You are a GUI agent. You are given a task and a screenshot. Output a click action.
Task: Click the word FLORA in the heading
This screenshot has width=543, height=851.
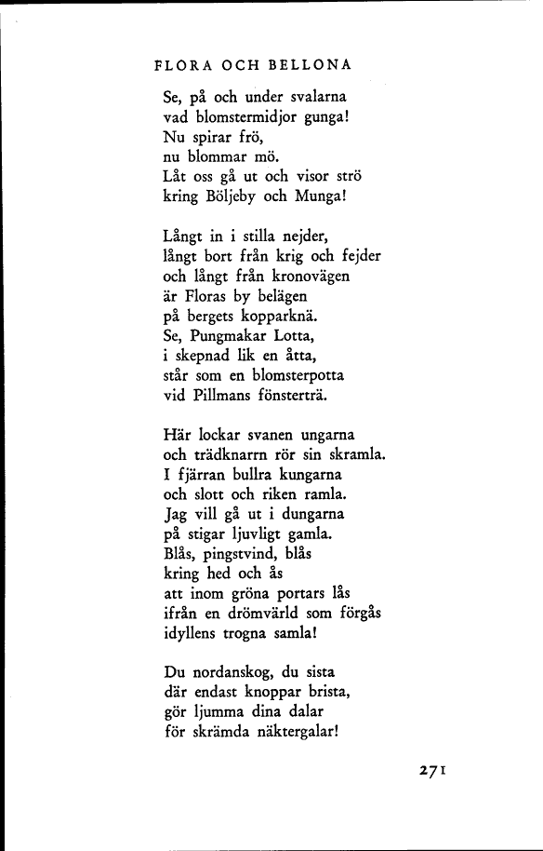click(x=178, y=65)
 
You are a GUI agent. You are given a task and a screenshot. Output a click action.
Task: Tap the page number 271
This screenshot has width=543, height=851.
click(x=434, y=770)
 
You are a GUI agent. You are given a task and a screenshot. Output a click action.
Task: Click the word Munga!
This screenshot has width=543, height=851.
click(x=321, y=197)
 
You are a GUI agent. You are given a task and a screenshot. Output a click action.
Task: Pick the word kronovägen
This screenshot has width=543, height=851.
click(x=304, y=276)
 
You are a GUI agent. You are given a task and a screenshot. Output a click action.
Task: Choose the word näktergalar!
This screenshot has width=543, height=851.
click(x=285, y=732)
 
